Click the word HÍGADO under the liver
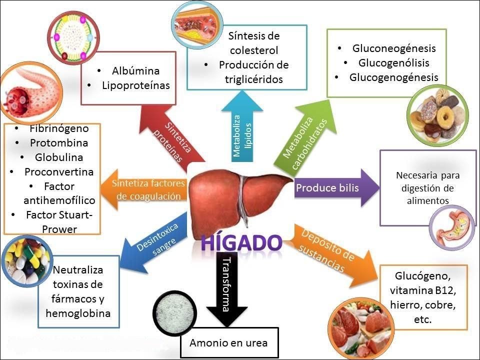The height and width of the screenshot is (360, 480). (x=241, y=242)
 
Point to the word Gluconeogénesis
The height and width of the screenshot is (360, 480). (x=394, y=48)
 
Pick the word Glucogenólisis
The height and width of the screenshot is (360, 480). (x=393, y=63)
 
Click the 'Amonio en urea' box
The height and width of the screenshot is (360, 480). (x=228, y=343)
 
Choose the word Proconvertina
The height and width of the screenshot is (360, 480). (x=59, y=171)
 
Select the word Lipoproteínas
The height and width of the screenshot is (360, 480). (x=135, y=85)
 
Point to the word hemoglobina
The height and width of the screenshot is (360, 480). (x=78, y=313)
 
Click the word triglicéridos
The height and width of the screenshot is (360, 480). (x=254, y=79)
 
